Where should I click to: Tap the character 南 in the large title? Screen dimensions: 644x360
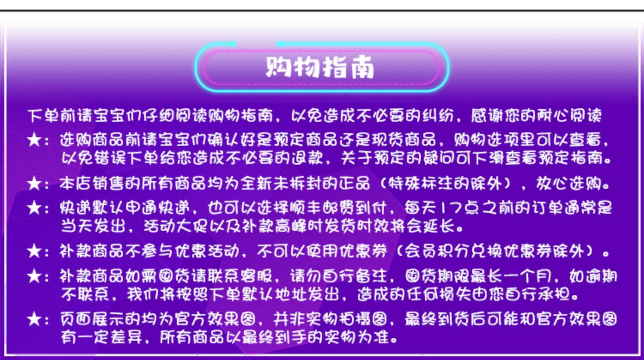(361, 67)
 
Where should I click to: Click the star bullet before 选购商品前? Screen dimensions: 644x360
(34, 140)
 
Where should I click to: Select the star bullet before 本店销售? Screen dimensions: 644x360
(34, 183)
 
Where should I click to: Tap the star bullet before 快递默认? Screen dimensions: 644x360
(34, 208)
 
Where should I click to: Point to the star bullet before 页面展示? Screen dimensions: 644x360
(34, 319)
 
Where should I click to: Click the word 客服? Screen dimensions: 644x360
(256, 276)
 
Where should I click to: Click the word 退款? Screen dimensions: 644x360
(307, 158)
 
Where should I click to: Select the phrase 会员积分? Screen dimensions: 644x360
(437, 251)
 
